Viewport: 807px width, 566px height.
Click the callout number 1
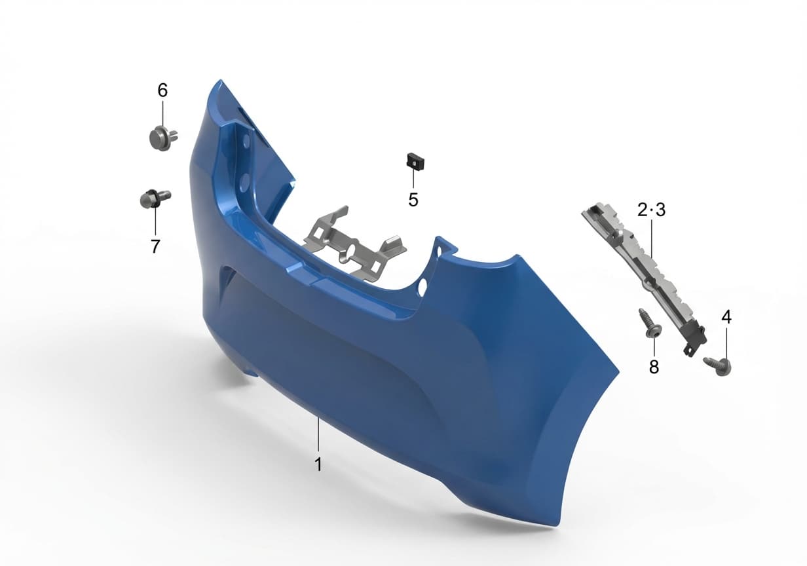pyautogui.click(x=318, y=464)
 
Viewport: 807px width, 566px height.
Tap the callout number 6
pyautogui.click(x=162, y=90)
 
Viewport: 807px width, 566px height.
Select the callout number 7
pyautogui.click(x=155, y=246)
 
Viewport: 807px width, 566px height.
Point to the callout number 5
pyautogui.click(x=413, y=200)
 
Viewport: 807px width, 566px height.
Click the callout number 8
pyautogui.click(x=654, y=367)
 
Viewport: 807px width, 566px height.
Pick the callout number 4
pyautogui.click(x=726, y=318)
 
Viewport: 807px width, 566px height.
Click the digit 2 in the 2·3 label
pyautogui.click(x=643, y=210)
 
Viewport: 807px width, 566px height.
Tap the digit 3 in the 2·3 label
pyautogui.click(x=660, y=210)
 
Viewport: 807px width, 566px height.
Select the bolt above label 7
pyautogui.click(x=155, y=198)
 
